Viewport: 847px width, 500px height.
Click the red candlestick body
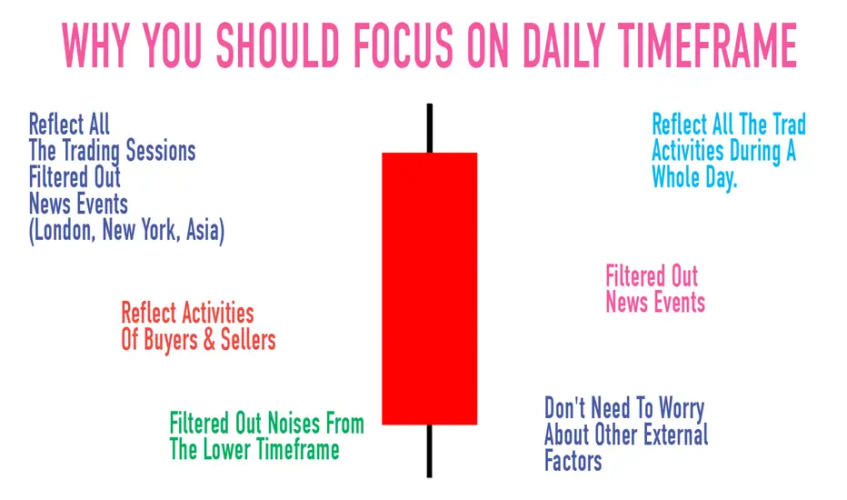point(430,289)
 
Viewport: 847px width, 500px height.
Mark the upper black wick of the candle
point(430,128)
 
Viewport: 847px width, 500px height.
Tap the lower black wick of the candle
point(430,451)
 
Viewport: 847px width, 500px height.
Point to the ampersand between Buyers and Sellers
point(209,340)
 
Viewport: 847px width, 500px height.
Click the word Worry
point(682,409)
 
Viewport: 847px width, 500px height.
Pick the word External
point(678,435)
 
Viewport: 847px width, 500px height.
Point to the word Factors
point(573,461)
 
